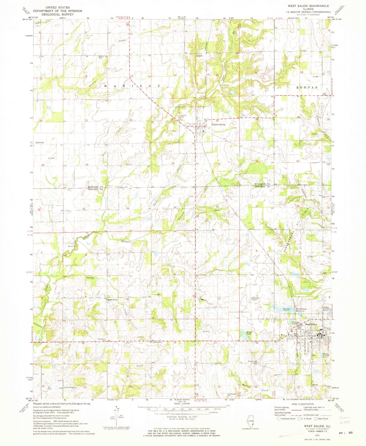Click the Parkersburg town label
[x=218, y=125]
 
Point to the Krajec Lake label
[x=250, y=333]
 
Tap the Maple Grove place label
[x=113, y=300]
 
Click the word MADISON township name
[x=132, y=86]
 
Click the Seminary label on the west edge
[x=40, y=143]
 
